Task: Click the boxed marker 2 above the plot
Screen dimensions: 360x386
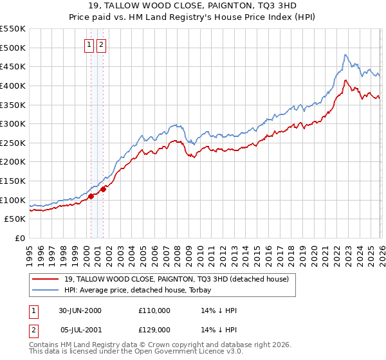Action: click(102, 44)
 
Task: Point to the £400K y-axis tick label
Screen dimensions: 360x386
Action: click(13, 85)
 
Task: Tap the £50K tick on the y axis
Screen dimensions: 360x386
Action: click(15, 219)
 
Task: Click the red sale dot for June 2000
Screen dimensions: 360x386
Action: click(91, 196)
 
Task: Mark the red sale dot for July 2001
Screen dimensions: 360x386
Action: click(103, 189)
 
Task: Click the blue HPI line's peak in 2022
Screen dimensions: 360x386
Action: click(345, 55)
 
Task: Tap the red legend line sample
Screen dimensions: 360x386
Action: click(46, 279)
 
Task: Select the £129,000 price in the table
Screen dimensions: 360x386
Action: click(154, 328)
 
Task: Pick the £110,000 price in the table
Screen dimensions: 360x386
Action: click(154, 310)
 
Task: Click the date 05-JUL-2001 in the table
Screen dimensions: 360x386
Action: click(80, 328)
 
